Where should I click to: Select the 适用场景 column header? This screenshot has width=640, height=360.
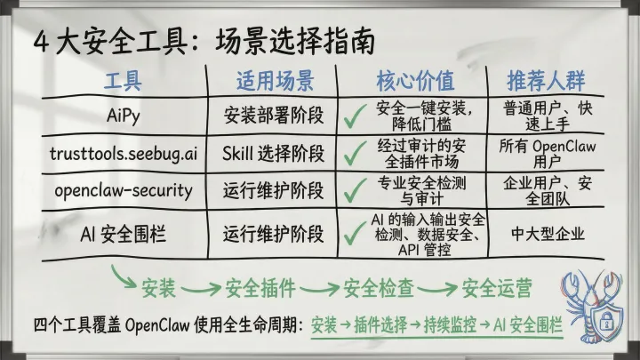[275, 82]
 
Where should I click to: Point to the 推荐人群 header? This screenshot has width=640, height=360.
[546, 82]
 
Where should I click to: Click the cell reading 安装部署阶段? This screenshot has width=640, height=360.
[275, 116]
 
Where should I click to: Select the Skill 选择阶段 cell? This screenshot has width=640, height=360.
[275, 152]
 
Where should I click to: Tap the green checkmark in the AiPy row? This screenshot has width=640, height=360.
[356, 116]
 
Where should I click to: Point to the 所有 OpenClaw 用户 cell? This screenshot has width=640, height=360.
[548, 152]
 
